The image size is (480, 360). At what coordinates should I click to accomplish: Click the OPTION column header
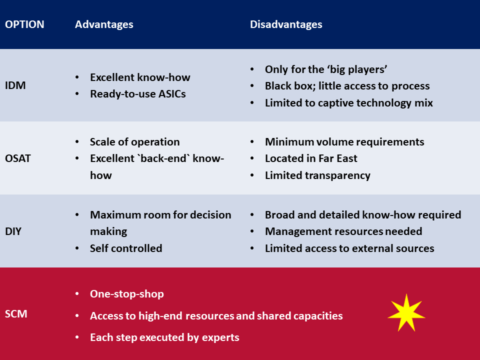click(x=24, y=24)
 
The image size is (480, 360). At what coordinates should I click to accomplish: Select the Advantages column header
click(x=104, y=24)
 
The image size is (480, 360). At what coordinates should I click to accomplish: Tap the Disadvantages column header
click(x=286, y=24)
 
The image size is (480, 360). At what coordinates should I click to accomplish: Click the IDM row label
click(x=15, y=85)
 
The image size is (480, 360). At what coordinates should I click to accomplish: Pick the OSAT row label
click(x=18, y=158)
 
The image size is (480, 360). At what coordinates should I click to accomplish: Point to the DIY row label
click(x=13, y=231)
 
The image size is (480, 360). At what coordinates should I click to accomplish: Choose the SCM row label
click(x=16, y=314)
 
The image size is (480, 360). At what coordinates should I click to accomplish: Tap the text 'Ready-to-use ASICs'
click(x=138, y=94)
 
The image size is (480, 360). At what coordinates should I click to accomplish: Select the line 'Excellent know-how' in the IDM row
click(x=140, y=77)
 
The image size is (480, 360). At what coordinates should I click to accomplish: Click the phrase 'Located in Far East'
click(x=311, y=158)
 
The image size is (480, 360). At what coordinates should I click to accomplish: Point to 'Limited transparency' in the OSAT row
click(x=318, y=175)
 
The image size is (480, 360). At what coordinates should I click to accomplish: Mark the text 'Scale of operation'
click(x=134, y=142)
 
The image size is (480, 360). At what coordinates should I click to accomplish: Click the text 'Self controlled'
click(x=126, y=248)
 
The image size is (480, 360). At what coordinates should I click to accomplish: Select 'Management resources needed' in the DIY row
click(x=343, y=231)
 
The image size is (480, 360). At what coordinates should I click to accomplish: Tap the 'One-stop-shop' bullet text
click(x=126, y=294)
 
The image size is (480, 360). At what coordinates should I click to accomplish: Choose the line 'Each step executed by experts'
click(x=164, y=337)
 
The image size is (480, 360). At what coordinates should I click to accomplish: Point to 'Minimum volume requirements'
click(x=344, y=142)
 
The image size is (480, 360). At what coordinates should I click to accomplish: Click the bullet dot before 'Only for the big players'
click(x=252, y=69)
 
